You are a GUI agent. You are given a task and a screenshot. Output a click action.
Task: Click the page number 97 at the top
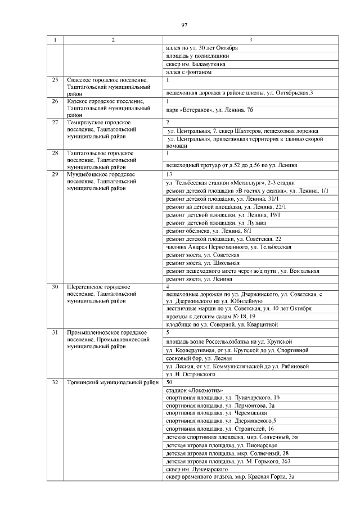click(x=184, y=25)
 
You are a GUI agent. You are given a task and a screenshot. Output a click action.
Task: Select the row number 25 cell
click(x=55, y=80)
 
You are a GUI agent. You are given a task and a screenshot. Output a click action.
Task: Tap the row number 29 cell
click(x=55, y=174)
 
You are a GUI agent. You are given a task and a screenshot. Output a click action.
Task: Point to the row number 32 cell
click(x=55, y=382)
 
